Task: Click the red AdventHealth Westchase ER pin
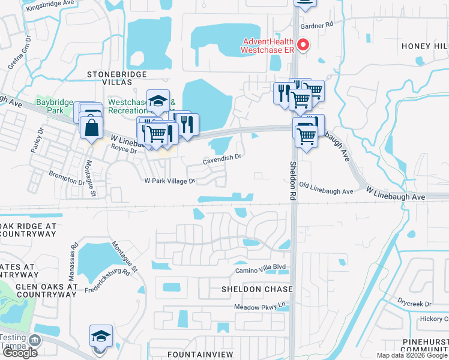tap(304, 46)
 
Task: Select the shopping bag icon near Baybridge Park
tap(91, 128)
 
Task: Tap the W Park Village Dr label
tap(170, 181)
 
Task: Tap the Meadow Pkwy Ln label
tap(259, 308)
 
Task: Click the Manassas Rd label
tap(74, 254)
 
